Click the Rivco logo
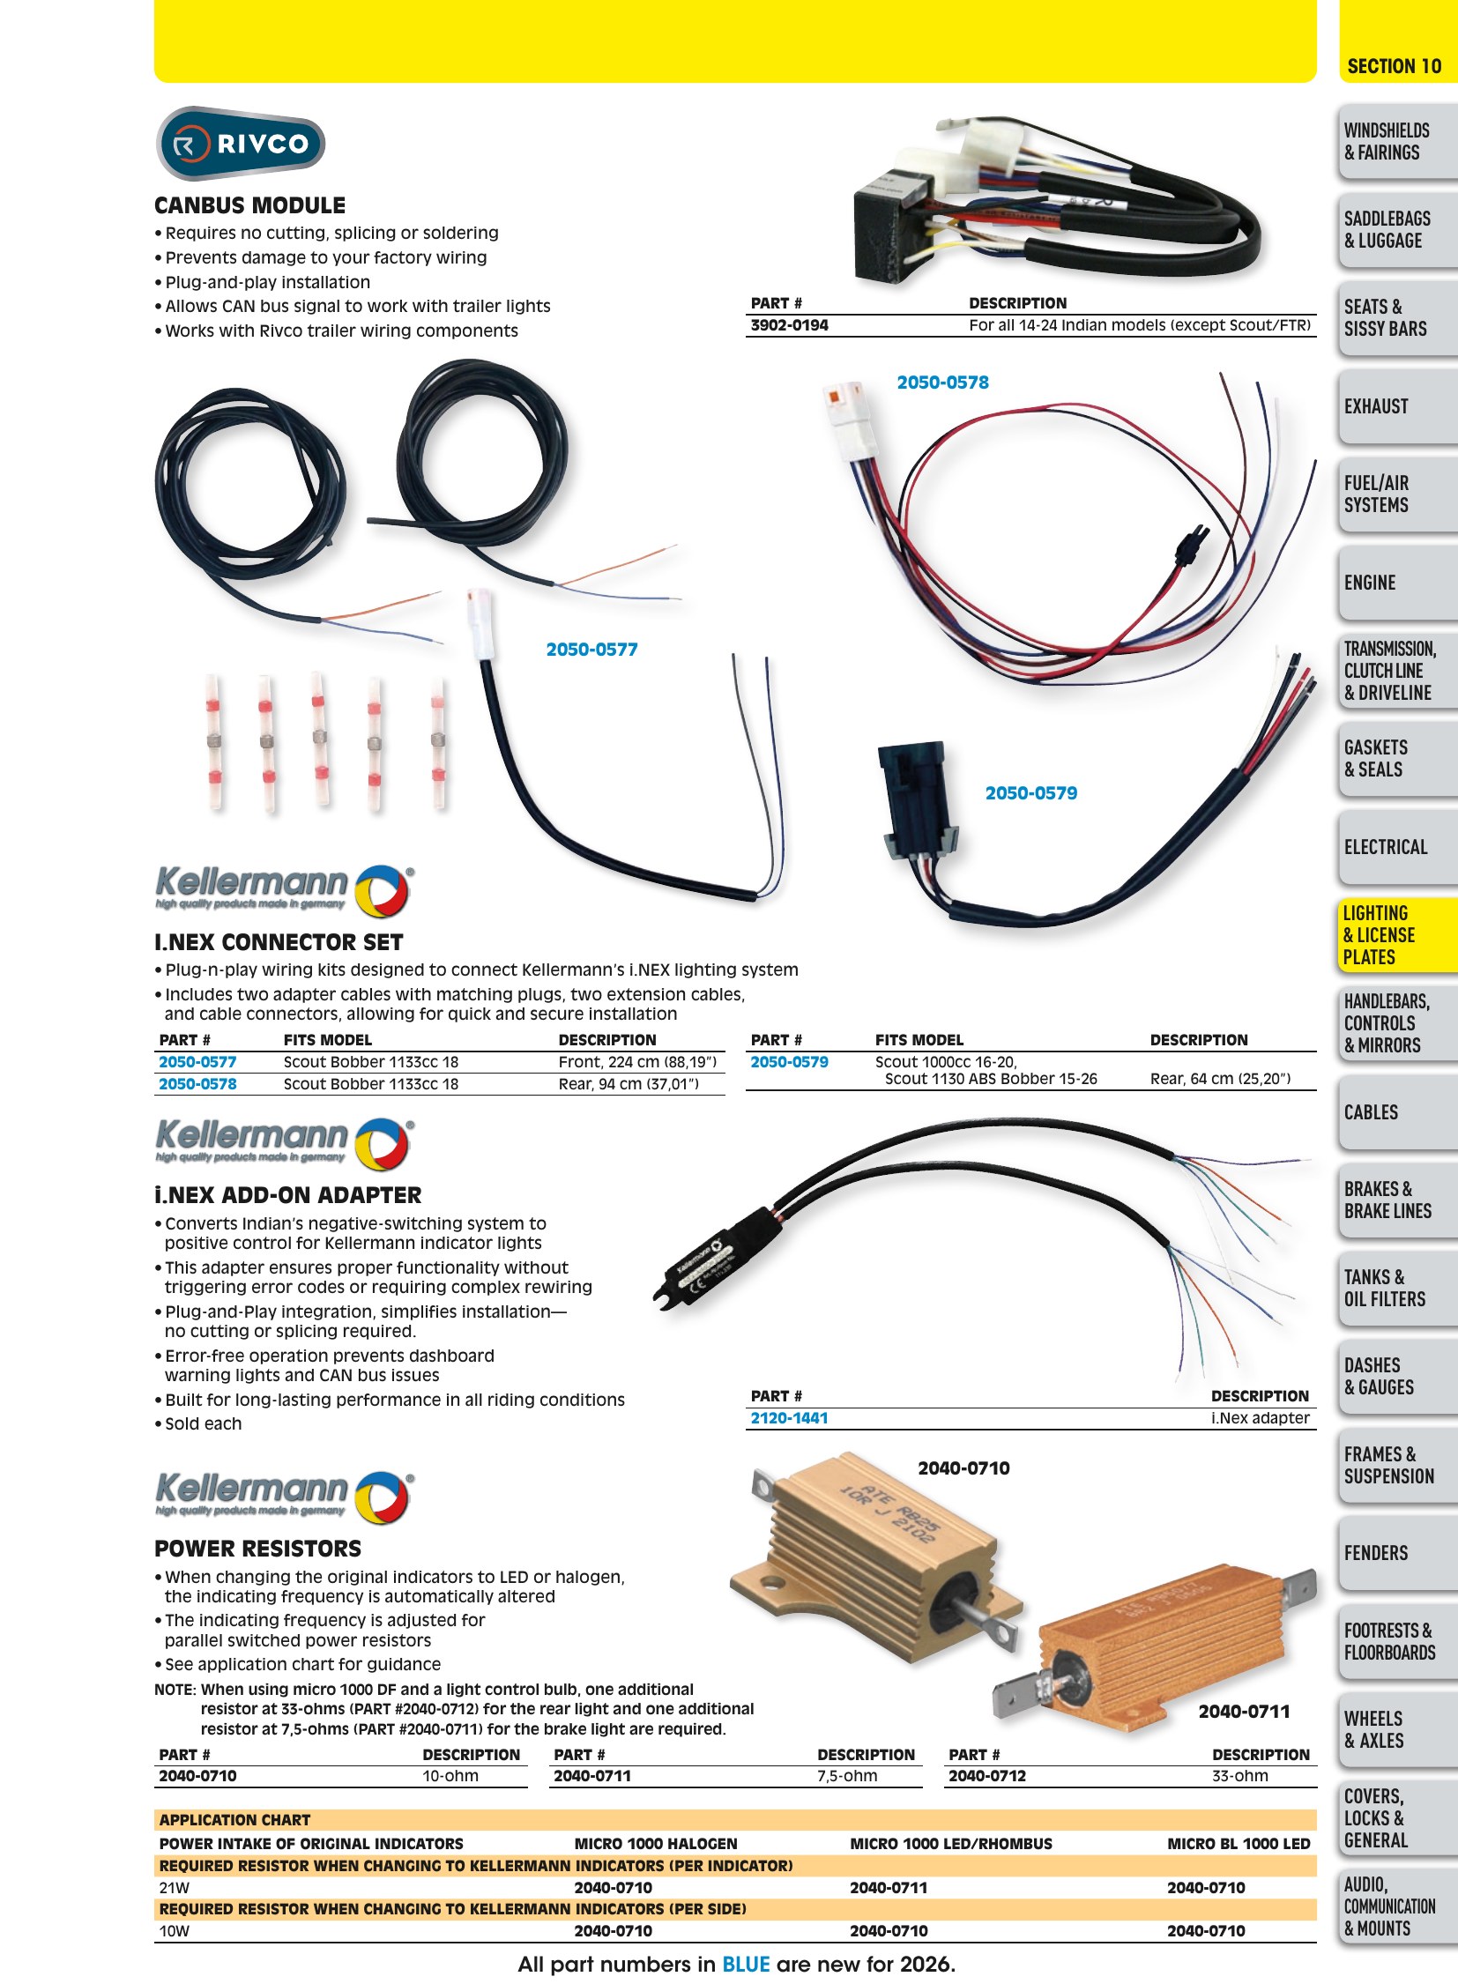[x=240, y=143]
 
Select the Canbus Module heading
[x=249, y=205]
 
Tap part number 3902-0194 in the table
[x=789, y=325]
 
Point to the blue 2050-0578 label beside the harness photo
[x=942, y=383]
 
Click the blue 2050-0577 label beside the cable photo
[x=591, y=650]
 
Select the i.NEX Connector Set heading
[x=278, y=942]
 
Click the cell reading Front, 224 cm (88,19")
[x=637, y=1062]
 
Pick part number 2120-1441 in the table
[x=789, y=1418]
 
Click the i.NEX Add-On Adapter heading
[x=287, y=1196]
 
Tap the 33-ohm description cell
[x=1240, y=1776]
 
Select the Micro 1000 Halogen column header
[x=656, y=1844]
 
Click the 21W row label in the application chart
[x=174, y=1888]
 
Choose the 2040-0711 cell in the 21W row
[x=889, y=1888]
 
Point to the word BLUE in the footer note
[x=746, y=1965]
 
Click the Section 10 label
[x=1395, y=66]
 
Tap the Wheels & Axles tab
[x=1374, y=1730]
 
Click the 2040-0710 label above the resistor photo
[x=963, y=1468]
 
